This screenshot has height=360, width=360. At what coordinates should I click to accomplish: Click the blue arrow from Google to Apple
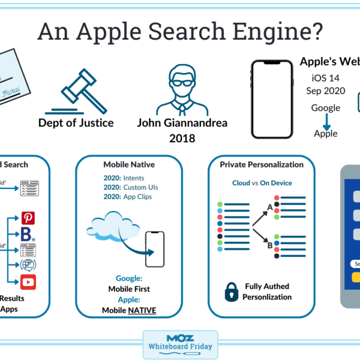click(x=326, y=121)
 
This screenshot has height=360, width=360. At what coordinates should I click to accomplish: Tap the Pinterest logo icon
click(x=28, y=218)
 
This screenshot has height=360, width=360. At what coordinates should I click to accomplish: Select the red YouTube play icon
click(x=28, y=282)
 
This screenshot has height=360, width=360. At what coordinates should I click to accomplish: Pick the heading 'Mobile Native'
click(x=127, y=164)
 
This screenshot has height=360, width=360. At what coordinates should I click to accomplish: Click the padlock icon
click(x=232, y=291)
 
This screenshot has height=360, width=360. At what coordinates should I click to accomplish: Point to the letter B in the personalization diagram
click(x=270, y=244)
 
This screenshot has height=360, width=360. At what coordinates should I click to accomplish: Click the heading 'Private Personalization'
click(x=262, y=164)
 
